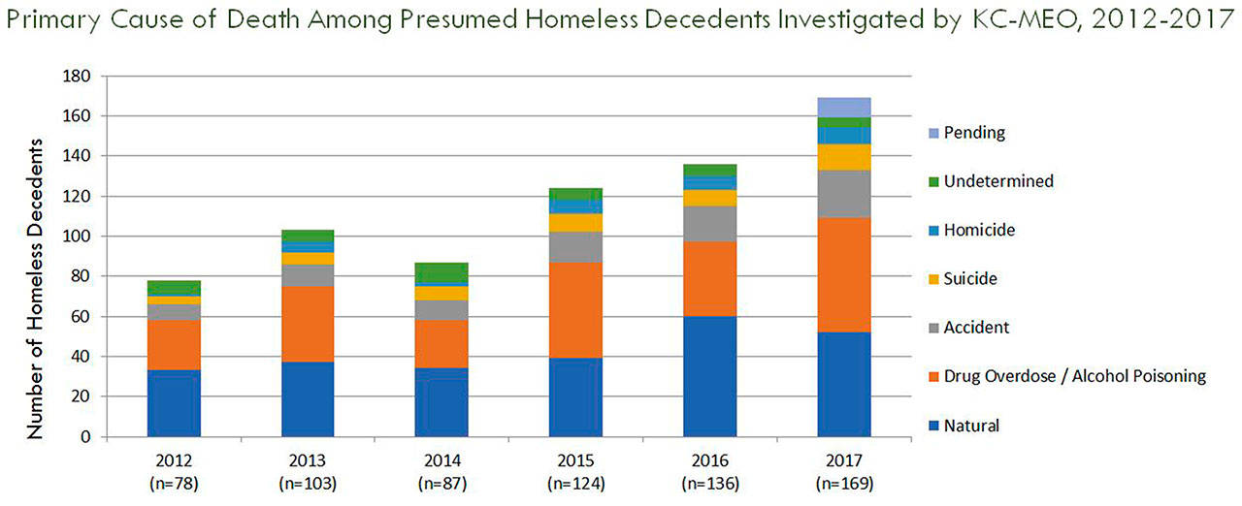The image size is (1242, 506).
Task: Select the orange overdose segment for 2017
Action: pos(843,274)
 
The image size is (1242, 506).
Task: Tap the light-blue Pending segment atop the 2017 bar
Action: pos(843,107)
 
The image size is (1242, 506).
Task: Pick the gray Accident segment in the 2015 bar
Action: pos(575,247)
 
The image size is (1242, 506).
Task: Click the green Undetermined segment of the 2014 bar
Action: pos(441,272)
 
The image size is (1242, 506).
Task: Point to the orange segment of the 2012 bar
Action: pos(174,345)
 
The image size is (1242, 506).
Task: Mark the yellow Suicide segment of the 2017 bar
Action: pos(843,157)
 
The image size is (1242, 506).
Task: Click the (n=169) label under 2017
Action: pos(843,482)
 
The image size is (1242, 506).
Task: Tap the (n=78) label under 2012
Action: pos(174,482)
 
